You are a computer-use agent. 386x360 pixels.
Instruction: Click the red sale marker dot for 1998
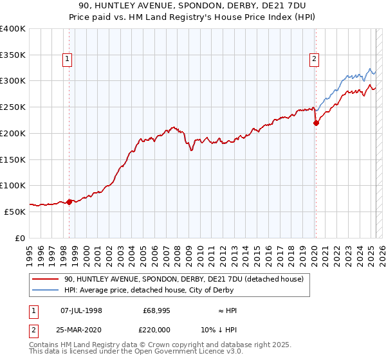69,202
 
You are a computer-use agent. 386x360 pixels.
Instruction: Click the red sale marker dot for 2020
316,123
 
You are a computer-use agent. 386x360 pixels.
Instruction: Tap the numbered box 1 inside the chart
68,60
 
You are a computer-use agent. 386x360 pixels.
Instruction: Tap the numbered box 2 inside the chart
314,60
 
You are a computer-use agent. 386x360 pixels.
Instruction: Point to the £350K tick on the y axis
13,55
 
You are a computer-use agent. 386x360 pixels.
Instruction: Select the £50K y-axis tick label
15,212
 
